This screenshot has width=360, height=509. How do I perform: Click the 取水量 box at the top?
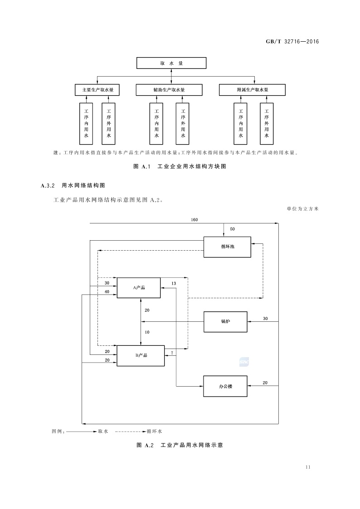171,63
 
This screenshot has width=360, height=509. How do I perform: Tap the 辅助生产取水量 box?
169,90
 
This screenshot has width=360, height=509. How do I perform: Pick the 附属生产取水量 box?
253,90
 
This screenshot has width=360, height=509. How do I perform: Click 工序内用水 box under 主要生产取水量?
86,123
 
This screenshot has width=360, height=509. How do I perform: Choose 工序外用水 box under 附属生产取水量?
267,123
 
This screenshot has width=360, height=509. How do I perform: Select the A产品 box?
139,288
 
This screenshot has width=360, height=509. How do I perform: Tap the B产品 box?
141,355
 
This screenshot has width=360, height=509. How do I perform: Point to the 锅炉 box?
225,322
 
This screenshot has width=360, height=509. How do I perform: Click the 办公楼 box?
225,387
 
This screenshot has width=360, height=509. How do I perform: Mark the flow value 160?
194,220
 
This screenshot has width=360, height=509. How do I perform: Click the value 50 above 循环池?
233,229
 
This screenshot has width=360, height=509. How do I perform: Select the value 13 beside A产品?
174,283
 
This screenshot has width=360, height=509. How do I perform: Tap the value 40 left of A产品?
107,292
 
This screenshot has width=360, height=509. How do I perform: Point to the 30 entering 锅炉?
265,319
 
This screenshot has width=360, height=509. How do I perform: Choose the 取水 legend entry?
103,431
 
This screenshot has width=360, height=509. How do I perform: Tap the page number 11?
308,467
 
